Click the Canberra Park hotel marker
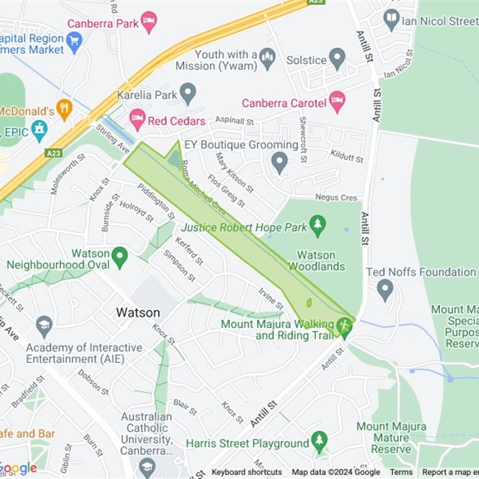[x=148, y=22]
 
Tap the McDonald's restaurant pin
[x=64, y=110]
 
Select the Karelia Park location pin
[x=189, y=93]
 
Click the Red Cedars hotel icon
[x=138, y=120]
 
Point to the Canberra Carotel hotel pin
[x=337, y=102]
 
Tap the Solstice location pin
[x=338, y=59]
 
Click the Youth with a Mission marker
[x=267, y=59]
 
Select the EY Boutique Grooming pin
[x=279, y=162]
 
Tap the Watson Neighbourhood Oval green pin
[x=120, y=257]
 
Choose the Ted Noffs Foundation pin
[x=385, y=290]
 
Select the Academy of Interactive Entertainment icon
[x=44, y=326]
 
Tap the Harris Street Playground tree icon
[x=319, y=442]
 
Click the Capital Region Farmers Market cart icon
[x=74, y=41]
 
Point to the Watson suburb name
[x=138, y=313]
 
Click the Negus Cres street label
[x=336, y=198]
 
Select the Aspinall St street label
[x=235, y=121]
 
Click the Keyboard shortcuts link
[x=246, y=472]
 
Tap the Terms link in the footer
[x=401, y=472]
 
